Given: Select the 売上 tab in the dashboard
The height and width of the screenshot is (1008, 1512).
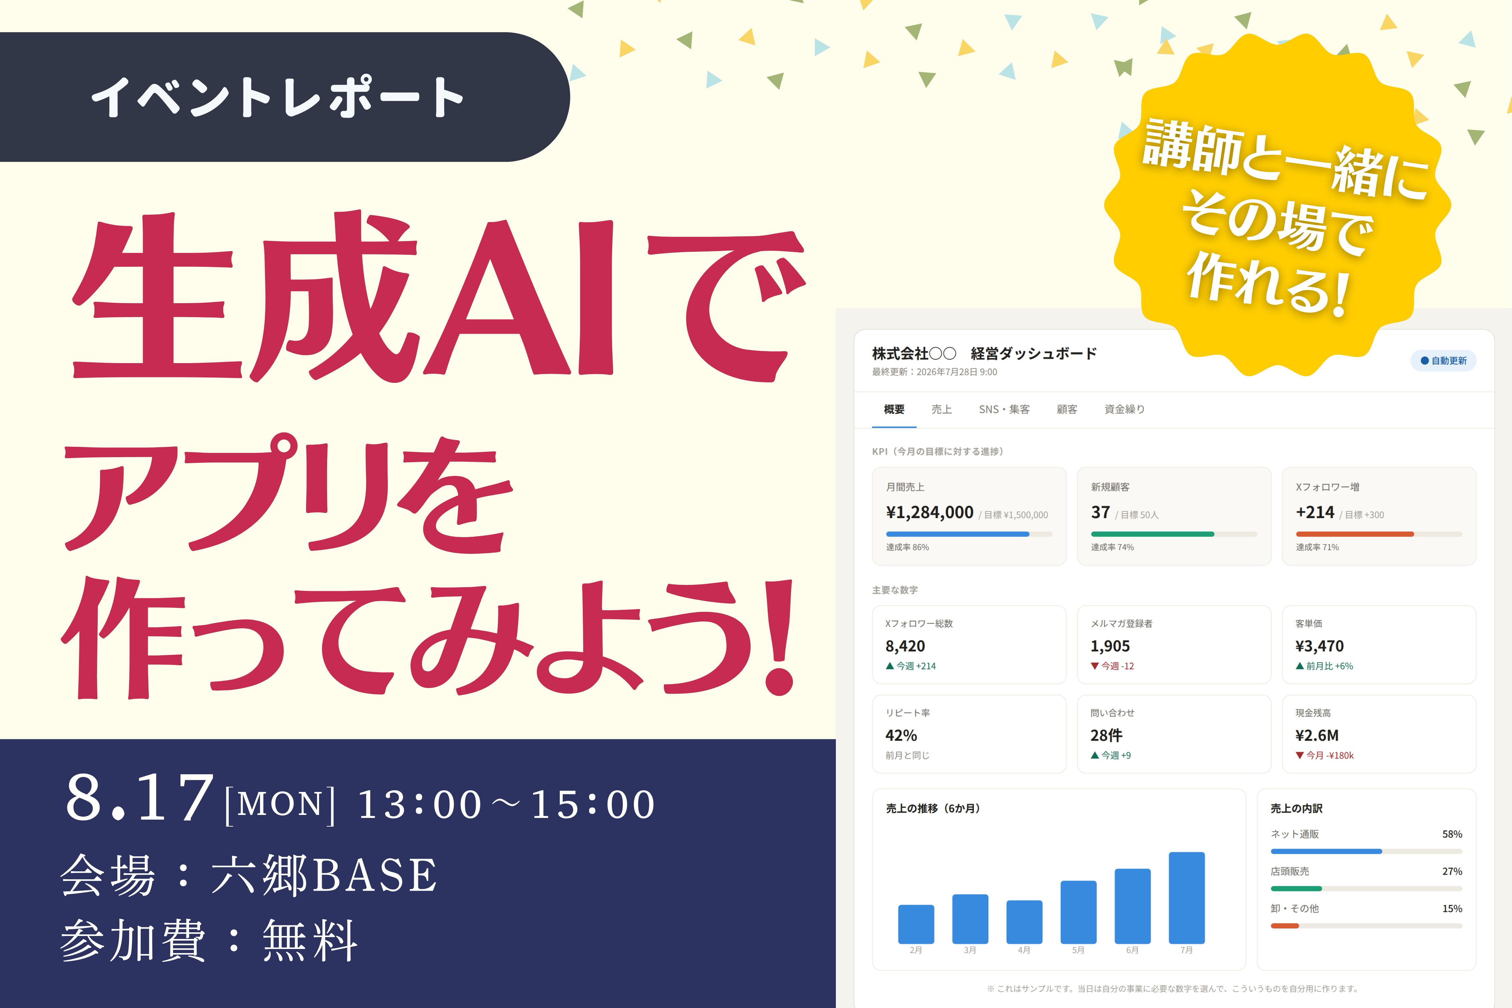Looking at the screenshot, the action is click(942, 409).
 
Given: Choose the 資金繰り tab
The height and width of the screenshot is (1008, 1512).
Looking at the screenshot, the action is click(1125, 409).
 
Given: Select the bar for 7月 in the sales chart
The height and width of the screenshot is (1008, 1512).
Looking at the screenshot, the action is click(1186, 897).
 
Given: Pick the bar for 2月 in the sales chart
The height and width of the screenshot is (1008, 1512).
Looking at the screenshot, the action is click(916, 924).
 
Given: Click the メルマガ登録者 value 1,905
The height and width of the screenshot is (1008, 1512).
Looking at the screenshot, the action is click(1110, 646).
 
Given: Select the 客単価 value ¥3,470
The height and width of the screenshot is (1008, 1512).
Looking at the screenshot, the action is click(1319, 646).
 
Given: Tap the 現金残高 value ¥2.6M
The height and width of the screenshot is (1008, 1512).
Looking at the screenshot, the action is click(1317, 736).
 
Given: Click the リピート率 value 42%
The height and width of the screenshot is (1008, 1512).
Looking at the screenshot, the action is click(901, 736).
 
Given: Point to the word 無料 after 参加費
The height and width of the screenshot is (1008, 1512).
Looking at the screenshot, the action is click(310, 941).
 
